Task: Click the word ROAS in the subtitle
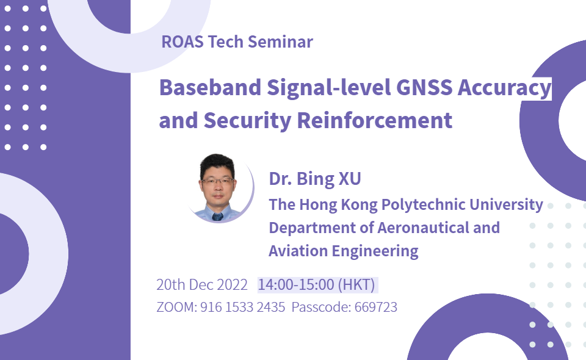pyautogui.click(x=183, y=41)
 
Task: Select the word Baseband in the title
pyautogui.click(x=210, y=87)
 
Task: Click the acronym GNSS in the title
pyautogui.click(x=424, y=87)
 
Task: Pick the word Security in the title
pyautogui.click(x=247, y=121)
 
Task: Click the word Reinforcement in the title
pyautogui.click(x=374, y=120)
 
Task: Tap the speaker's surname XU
pyautogui.click(x=350, y=179)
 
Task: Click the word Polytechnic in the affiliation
pyautogui.click(x=424, y=205)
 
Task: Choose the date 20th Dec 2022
pyautogui.click(x=202, y=284)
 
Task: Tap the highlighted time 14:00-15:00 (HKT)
pyautogui.click(x=317, y=284)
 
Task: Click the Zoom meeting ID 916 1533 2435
pyautogui.click(x=242, y=307)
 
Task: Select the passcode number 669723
pyautogui.click(x=375, y=307)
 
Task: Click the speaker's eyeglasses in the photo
pyautogui.click(x=217, y=181)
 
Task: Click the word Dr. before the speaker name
pyautogui.click(x=280, y=179)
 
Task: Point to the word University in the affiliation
pyautogui.click(x=507, y=205)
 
